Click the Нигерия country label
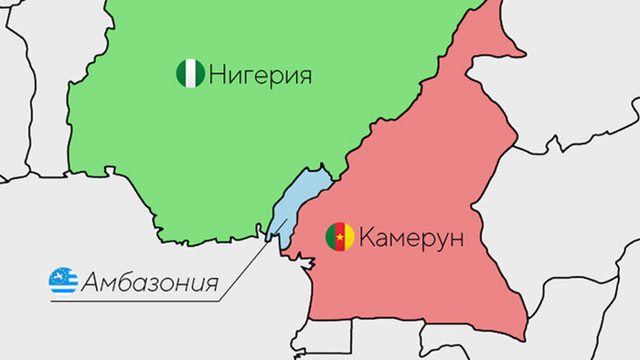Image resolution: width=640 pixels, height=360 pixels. pos(260,74)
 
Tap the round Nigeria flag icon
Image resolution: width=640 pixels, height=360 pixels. pos(190,74)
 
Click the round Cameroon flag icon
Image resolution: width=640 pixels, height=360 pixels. pos(340,238)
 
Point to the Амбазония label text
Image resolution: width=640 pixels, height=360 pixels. pos(150,281)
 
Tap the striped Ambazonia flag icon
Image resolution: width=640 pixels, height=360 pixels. pos(63,281)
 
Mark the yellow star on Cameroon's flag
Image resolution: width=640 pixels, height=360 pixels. pos(340,238)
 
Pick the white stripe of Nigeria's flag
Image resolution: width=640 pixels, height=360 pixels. pos(190,74)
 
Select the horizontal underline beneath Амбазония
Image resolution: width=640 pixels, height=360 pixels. pos(137,301)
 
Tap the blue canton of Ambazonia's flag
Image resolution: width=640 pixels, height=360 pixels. pos(58,276)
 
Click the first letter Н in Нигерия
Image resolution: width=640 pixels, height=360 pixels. pos(217,74)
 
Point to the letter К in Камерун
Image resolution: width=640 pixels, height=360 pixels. pos(367,238)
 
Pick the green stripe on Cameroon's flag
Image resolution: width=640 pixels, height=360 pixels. pos(331,238)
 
